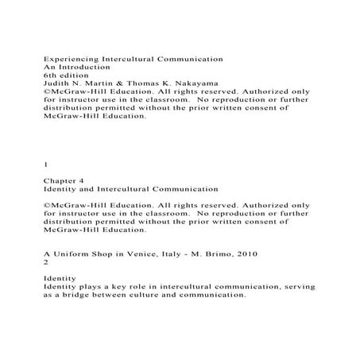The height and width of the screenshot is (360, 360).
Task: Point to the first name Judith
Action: coord(57,87)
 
